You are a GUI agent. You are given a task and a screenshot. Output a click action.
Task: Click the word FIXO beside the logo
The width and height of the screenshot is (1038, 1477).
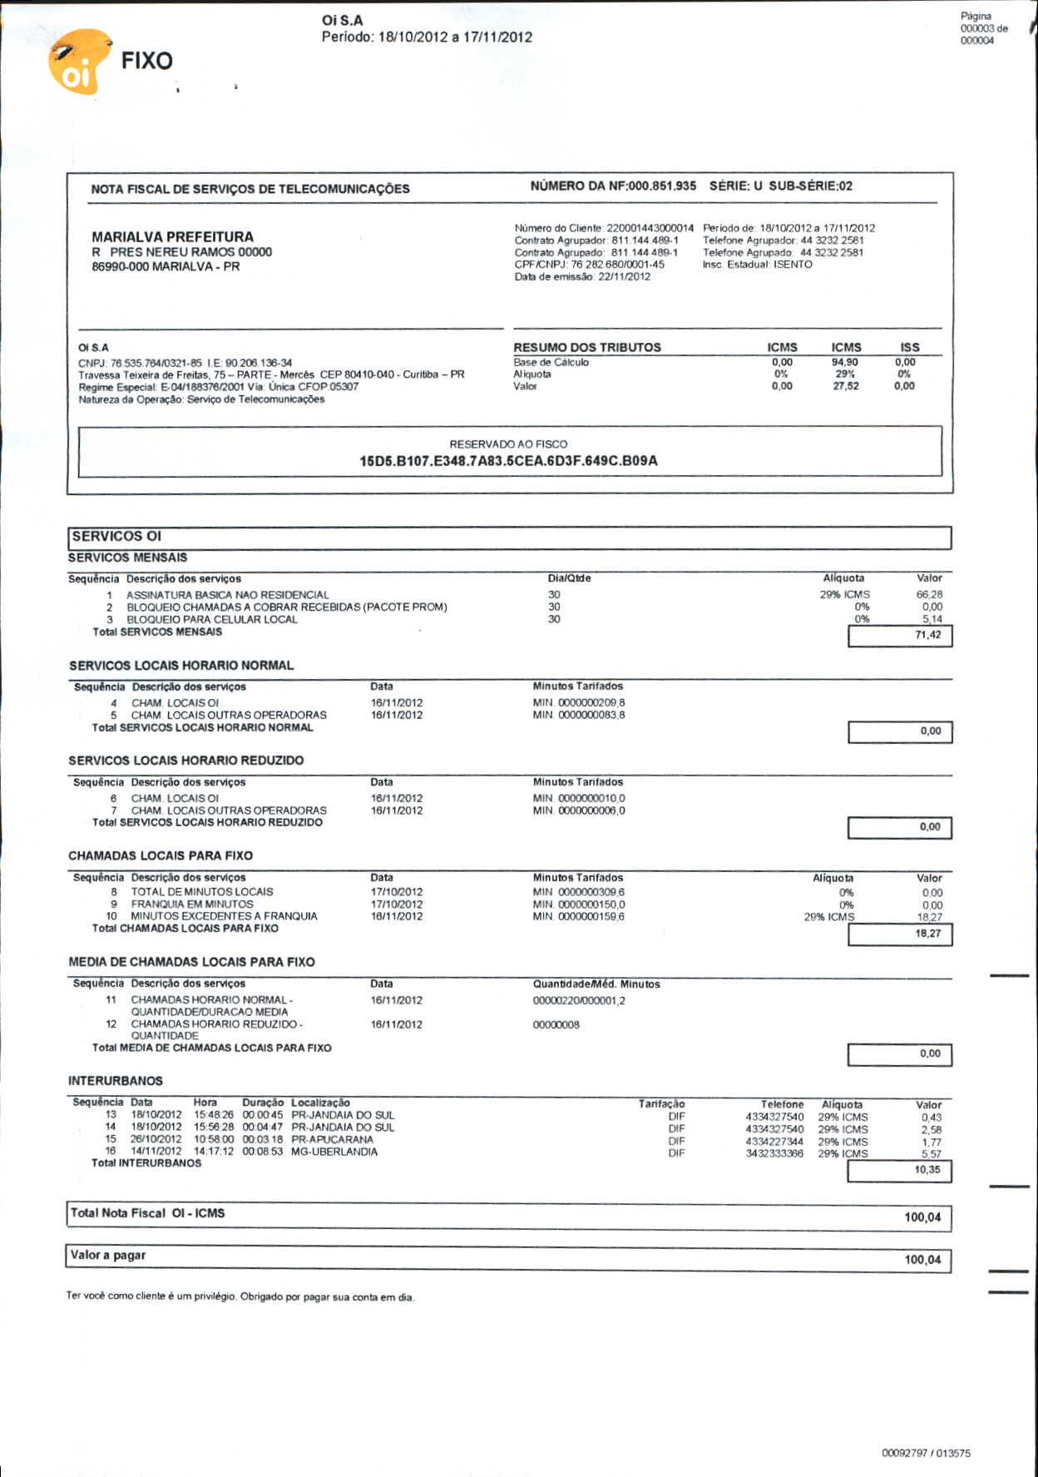coord(146,61)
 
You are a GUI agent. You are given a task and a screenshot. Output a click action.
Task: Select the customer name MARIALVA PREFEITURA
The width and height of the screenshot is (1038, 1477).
coord(172,237)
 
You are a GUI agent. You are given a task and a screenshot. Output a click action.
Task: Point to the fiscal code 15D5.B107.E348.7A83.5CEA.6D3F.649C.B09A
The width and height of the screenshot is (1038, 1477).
coord(508,461)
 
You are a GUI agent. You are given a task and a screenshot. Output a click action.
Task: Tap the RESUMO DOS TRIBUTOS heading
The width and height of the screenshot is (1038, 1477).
coord(586,348)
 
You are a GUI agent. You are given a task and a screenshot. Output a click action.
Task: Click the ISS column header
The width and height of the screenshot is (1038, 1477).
coord(909,348)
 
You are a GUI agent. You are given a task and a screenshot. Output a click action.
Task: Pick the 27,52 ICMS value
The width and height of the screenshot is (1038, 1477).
coord(845,386)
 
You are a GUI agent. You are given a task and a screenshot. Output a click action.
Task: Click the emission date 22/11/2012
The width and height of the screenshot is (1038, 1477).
coord(624,277)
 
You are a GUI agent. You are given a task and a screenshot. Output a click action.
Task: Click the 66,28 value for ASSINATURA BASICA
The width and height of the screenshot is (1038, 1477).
coord(928,595)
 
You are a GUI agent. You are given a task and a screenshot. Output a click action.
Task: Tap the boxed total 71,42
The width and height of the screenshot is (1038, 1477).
coord(927,635)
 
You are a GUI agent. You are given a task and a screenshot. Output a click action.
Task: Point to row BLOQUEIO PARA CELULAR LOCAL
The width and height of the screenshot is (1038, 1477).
coord(211,620)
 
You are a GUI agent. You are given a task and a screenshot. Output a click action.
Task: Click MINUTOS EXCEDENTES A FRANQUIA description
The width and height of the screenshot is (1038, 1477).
coord(224,916)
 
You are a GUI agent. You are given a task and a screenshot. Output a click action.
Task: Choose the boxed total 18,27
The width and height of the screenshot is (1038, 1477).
coord(927,934)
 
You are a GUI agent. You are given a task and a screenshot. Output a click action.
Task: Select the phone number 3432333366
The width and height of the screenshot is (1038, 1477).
coord(774,1153)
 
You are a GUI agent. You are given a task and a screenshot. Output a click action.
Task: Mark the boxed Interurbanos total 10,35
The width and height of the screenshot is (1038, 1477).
coord(927,1170)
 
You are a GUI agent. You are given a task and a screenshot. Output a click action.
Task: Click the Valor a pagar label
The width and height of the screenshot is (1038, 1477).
coord(108,1255)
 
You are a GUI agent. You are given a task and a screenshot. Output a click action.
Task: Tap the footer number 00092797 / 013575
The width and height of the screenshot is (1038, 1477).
coord(925,1454)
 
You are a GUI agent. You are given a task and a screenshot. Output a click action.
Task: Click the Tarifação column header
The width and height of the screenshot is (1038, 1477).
coord(661,1104)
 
